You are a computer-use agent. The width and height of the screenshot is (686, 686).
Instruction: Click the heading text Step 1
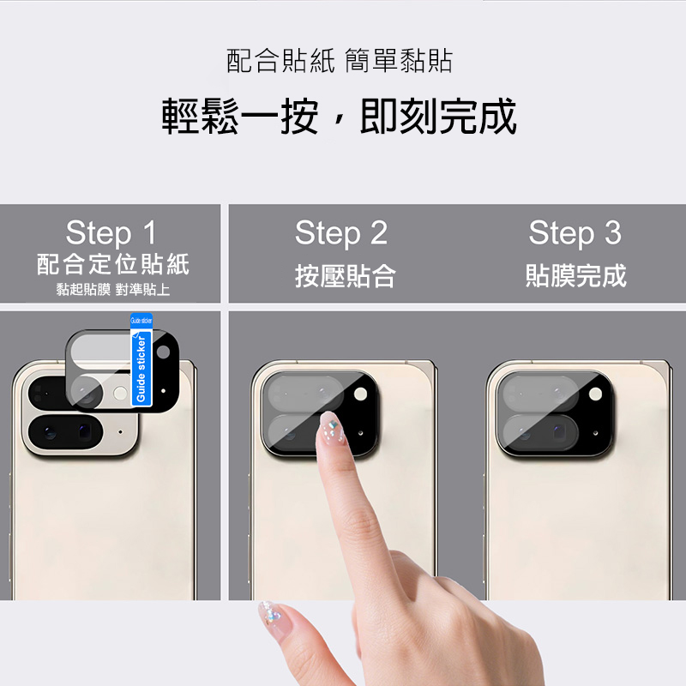point(111,232)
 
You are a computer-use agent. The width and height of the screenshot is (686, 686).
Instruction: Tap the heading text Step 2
point(341,233)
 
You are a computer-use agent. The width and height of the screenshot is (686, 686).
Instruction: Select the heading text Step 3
point(575,233)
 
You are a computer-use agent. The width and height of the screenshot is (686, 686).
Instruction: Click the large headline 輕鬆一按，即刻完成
point(340,116)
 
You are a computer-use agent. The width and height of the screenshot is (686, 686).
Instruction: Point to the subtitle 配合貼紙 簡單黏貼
point(340,60)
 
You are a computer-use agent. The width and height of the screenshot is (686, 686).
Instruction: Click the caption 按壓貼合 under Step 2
point(346,275)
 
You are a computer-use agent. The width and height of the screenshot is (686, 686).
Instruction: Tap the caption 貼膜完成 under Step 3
point(575,275)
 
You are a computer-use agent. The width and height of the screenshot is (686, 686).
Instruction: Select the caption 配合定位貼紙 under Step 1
point(113,264)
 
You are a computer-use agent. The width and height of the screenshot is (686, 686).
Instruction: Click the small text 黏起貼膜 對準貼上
point(113,289)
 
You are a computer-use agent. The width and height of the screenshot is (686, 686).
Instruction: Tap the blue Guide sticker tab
point(141,359)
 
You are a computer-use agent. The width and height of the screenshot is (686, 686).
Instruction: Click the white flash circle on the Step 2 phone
point(360,394)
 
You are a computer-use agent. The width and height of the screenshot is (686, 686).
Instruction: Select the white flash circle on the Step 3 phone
point(595,394)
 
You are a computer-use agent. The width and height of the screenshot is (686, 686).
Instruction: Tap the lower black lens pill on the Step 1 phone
point(66,432)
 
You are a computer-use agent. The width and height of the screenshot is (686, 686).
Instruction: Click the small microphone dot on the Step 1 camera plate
point(121,432)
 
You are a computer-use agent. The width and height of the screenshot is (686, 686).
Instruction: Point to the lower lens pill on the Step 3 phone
point(541,432)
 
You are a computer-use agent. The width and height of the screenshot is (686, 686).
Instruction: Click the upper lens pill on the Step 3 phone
point(541,393)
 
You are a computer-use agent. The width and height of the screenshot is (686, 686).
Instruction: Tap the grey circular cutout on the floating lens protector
point(163,352)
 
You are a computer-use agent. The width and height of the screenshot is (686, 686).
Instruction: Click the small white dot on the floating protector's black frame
point(163,391)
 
